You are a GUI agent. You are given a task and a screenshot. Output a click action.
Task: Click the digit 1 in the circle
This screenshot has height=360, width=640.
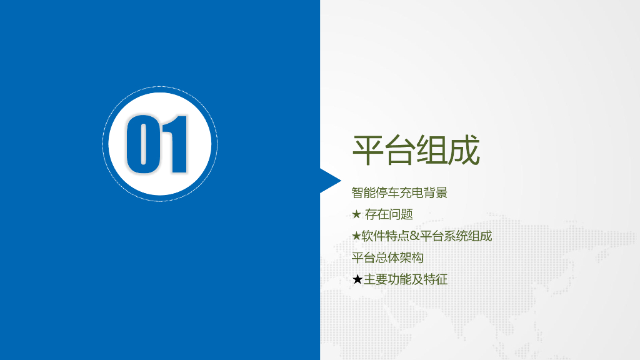click(x=176, y=144)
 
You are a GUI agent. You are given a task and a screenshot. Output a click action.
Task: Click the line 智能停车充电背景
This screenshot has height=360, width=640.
click(x=399, y=192)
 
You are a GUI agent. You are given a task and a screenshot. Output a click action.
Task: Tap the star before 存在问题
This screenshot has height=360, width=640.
click(x=356, y=214)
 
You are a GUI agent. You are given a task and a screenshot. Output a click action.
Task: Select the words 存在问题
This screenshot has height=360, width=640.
click(x=389, y=214)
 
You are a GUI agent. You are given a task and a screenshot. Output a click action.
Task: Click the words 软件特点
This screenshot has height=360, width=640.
click(x=386, y=236)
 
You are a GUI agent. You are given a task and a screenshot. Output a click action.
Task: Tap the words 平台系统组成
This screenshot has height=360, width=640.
click(x=456, y=236)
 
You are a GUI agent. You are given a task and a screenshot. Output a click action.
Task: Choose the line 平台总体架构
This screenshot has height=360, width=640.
click(x=387, y=257)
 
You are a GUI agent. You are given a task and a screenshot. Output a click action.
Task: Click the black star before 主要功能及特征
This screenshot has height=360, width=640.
click(x=357, y=279)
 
